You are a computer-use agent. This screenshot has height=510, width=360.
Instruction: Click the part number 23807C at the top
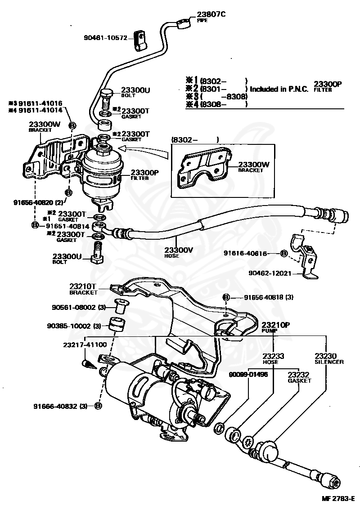tap(211, 14)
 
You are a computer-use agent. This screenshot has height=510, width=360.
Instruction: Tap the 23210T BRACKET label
tap(83, 288)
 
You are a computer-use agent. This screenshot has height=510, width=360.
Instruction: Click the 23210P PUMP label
tap(276, 327)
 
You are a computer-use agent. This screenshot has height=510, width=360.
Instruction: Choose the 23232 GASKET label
tap(300, 377)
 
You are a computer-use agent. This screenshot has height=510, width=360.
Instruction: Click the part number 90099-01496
tap(248, 374)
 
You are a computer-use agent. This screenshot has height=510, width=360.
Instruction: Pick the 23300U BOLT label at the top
tap(135, 92)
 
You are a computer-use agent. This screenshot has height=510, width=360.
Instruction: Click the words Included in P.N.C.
tap(279, 89)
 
